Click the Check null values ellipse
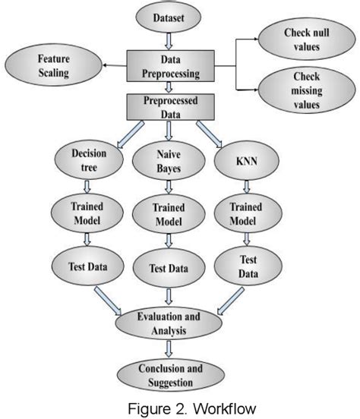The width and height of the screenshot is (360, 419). (303, 40)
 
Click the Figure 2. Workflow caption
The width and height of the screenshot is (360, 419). (180, 408)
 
